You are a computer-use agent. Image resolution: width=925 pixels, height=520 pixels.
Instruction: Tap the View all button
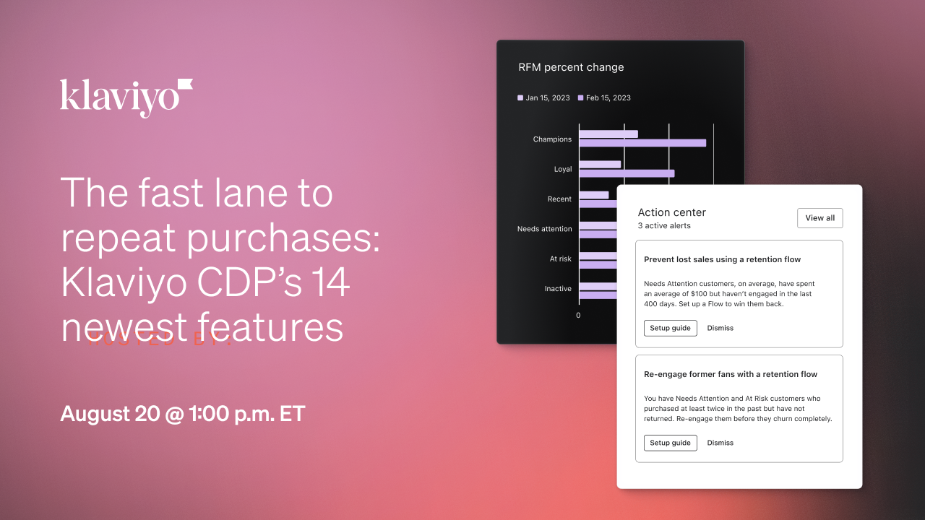819,218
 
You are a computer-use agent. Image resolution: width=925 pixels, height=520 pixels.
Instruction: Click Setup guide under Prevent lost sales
670,328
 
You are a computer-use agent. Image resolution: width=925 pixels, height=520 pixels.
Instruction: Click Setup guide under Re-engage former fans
670,443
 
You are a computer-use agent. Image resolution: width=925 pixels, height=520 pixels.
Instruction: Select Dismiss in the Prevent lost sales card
720,328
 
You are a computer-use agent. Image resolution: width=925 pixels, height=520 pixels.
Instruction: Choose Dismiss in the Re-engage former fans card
720,443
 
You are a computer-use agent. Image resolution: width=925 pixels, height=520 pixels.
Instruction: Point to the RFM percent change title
571,67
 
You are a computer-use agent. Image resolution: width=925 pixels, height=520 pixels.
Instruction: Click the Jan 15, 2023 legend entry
543,97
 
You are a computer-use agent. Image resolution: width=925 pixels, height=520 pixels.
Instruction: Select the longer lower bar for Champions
642,143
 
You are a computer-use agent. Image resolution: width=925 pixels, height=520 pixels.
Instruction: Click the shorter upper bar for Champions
608,134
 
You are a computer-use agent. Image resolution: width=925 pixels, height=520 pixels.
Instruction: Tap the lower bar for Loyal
626,173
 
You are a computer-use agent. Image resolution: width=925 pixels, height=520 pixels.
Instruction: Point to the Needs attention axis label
544,229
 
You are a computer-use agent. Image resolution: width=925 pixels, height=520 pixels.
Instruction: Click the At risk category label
560,259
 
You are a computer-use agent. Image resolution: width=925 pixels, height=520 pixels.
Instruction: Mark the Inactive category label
558,289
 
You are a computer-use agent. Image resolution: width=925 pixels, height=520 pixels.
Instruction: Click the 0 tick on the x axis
578,315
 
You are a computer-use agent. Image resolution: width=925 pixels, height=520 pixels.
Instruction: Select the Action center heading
671,212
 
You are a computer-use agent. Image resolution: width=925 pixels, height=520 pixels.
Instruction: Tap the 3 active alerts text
663,226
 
